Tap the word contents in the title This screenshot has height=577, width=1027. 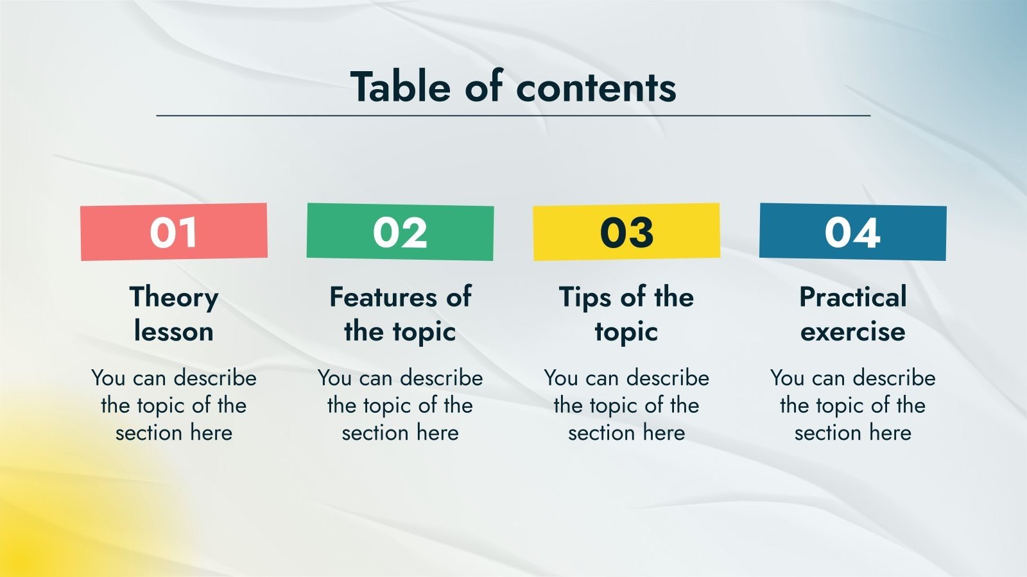(x=596, y=87)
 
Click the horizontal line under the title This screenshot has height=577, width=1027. (x=513, y=116)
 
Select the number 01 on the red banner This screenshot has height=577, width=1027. (x=174, y=232)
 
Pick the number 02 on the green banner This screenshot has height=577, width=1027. (x=401, y=232)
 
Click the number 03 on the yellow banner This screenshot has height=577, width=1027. (x=626, y=232)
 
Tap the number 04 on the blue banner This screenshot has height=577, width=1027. (x=853, y=232)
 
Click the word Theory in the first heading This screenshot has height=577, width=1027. (x=174, y=298)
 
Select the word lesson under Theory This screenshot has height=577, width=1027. (x=174, y=331)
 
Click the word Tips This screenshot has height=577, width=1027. (x=585, y=298)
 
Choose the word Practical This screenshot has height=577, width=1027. (x=853, y=297)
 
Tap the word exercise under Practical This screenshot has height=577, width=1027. (x=853, y=332)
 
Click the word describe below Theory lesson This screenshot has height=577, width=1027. (x=215, y=378)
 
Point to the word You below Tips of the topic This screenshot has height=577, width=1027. (x=561, y=378)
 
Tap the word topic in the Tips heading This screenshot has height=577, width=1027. (x=626, y=333)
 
